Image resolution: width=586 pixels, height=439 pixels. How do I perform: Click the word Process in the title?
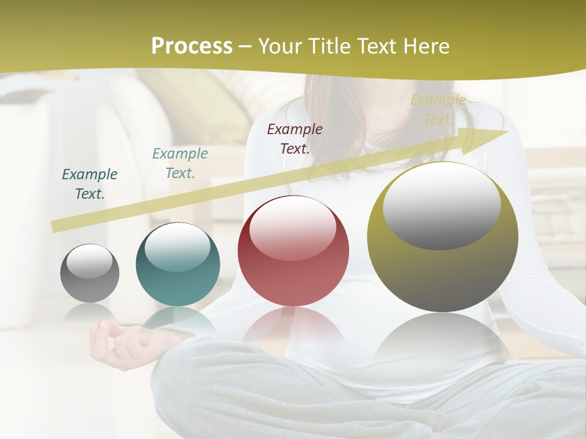pos(192,46)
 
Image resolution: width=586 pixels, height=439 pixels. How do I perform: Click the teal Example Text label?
pos(180,163)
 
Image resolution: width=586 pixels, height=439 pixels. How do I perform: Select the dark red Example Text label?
pos(295,138)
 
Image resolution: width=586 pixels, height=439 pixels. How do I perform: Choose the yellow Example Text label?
pos(438,110)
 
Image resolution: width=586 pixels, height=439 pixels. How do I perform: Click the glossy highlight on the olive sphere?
pos(441,206)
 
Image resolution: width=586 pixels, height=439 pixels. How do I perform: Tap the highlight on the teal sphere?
pos(177,247)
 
